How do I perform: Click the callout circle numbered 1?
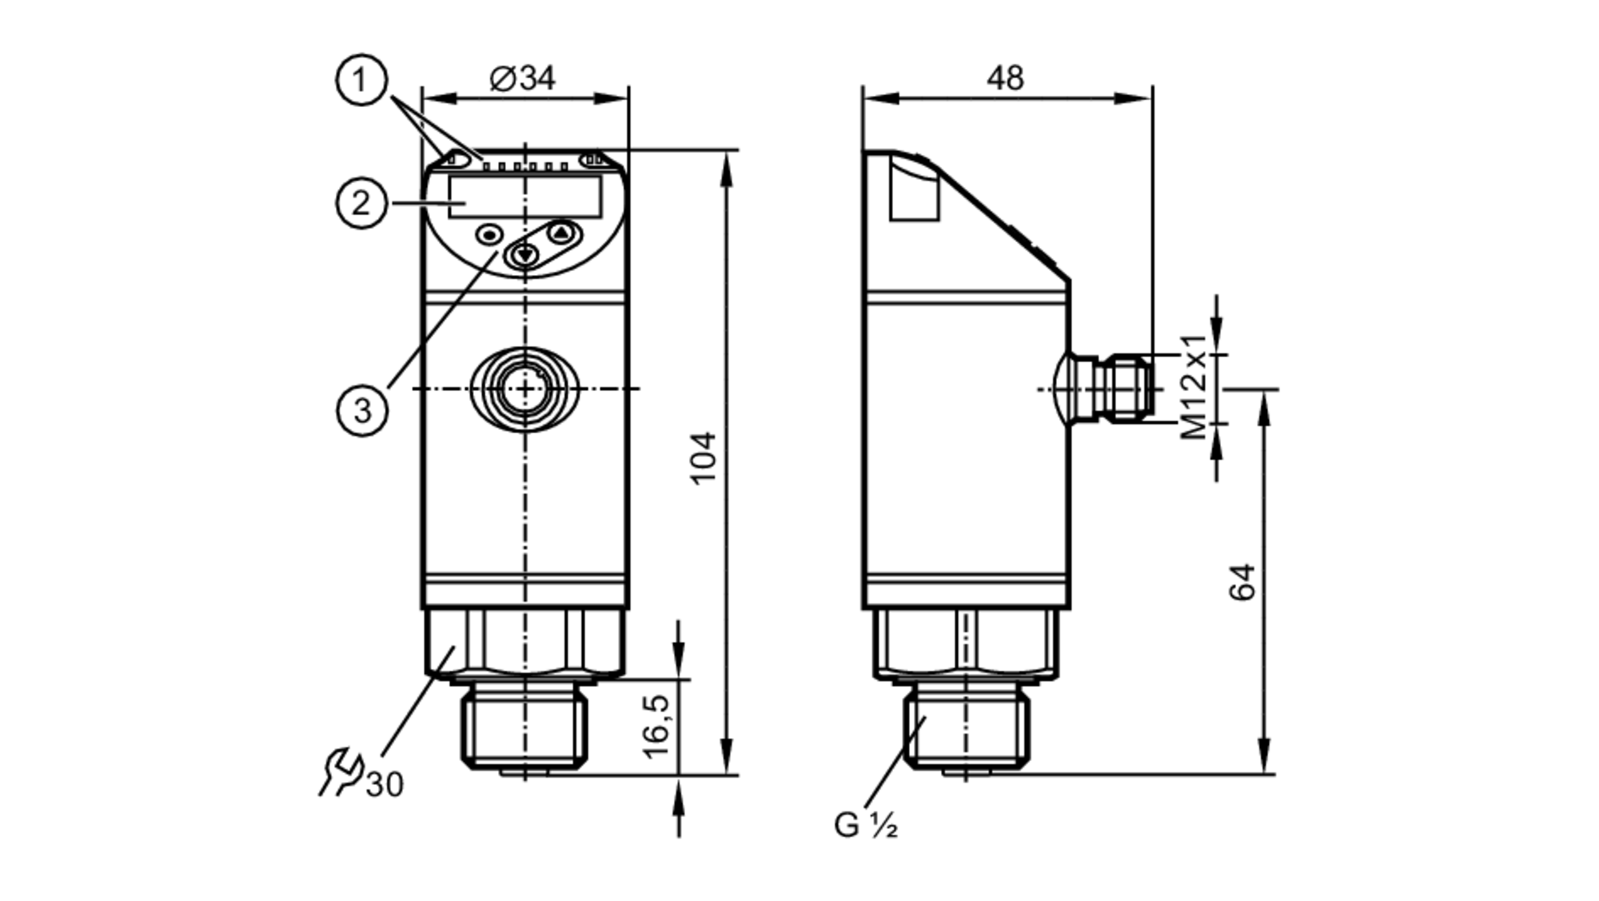(361, 80)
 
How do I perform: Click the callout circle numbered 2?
(361, 203)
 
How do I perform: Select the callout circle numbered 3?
(362, 410)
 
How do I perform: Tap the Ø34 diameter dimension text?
(522, 78)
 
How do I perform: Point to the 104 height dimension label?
(704, 458)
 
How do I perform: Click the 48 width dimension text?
(1005, 78)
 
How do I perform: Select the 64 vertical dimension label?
(1242, 582)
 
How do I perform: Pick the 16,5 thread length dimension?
(656, 726)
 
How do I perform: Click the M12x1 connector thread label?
(1194, 388)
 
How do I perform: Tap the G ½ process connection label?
(865, 825)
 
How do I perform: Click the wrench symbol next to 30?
(341, 772)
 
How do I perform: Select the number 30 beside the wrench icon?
(385, 785)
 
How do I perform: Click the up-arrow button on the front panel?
(562, 233)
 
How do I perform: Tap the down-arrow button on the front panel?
(525, 256)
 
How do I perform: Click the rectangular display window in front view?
(524, 197)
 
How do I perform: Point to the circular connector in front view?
(524, 389)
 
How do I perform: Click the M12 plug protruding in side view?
(1115, 389)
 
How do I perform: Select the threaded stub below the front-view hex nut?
(524, 728)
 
